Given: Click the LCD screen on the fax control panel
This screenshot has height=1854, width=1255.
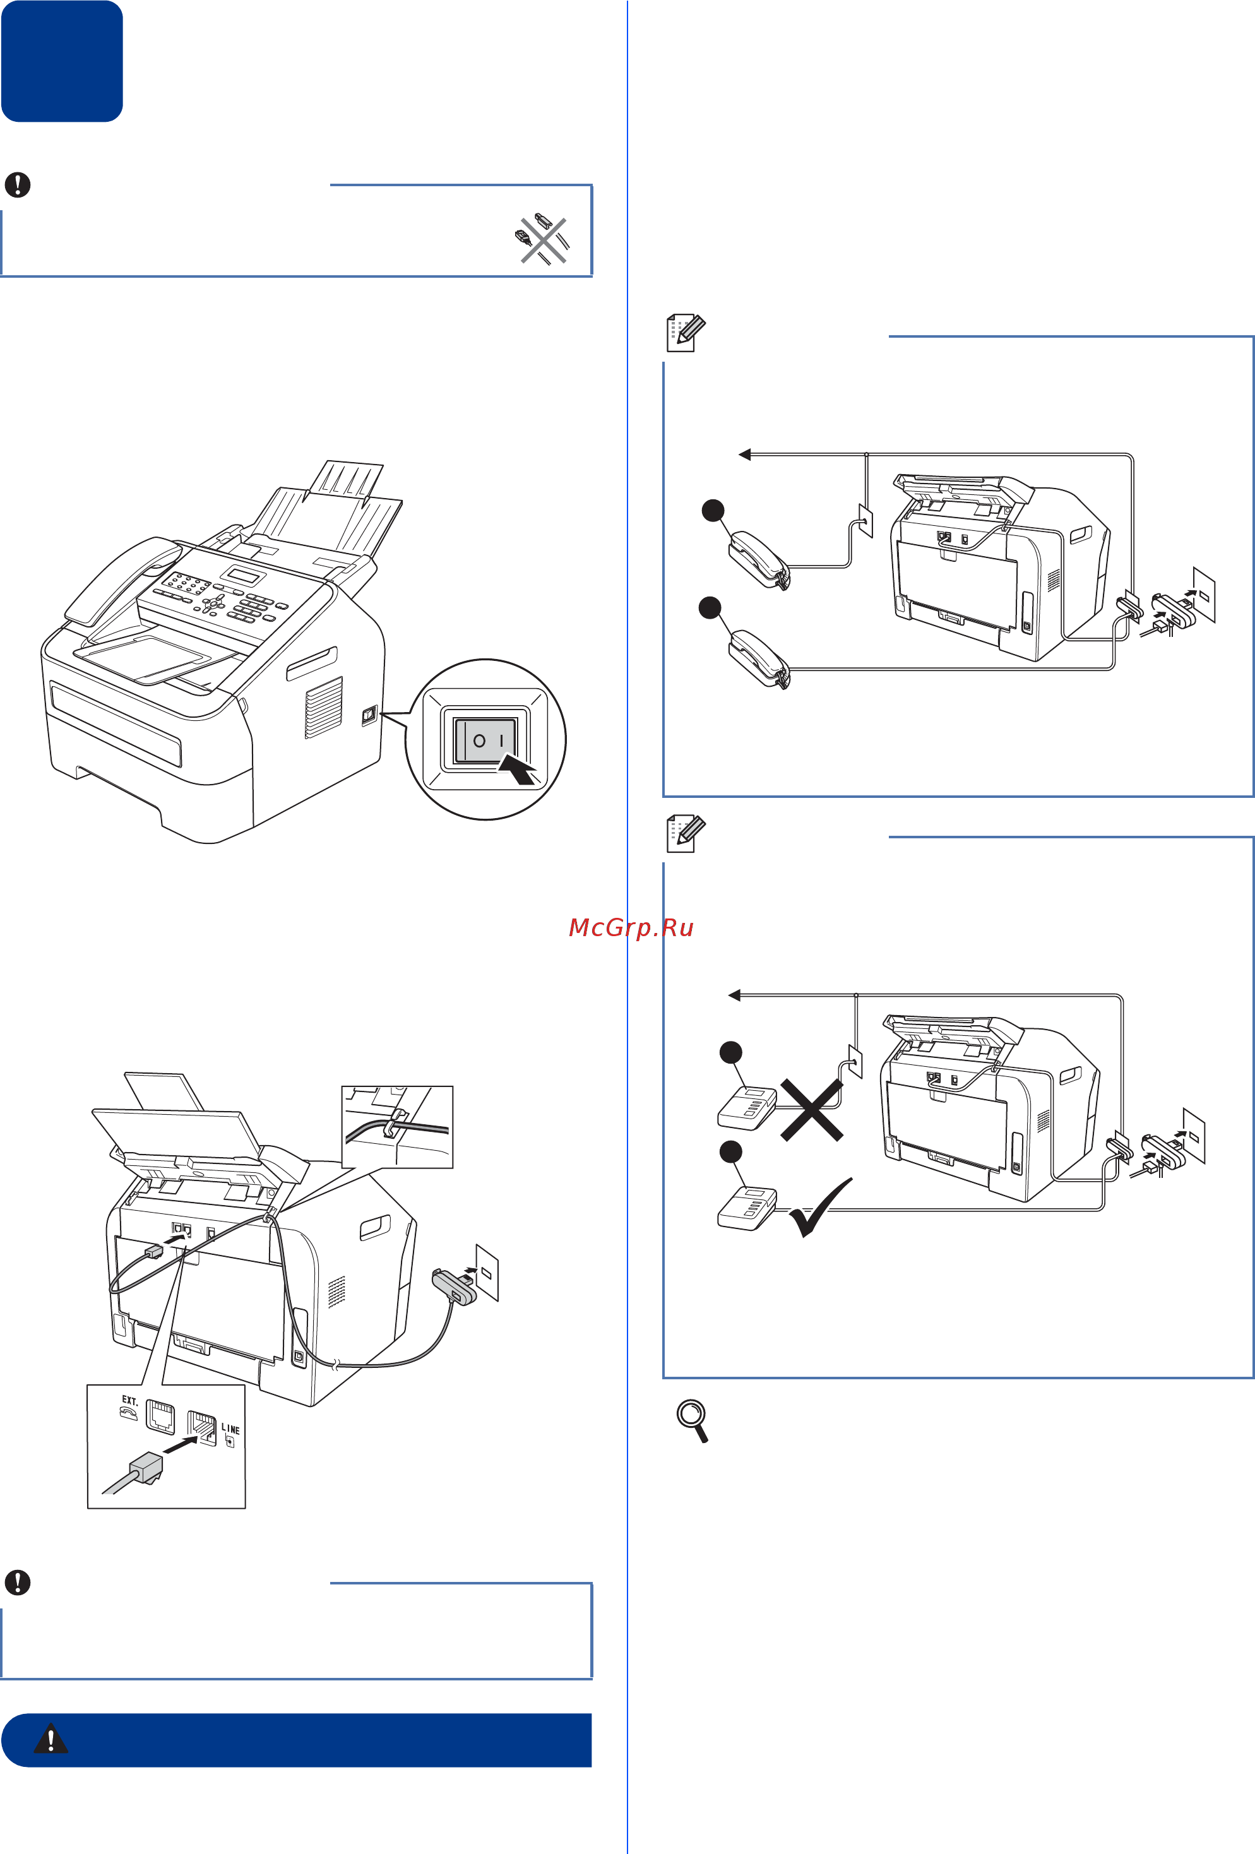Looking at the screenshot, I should pos(242,575).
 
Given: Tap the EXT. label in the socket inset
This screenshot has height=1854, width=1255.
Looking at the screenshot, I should pos(129,1400).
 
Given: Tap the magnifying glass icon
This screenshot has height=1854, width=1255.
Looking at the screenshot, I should pos(693,1421).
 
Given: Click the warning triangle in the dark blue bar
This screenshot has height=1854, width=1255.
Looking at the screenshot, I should pos(51,1739).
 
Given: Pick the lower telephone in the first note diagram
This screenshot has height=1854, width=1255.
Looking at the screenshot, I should pos(758,659).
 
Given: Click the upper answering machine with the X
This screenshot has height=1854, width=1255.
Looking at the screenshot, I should pos(747,1107).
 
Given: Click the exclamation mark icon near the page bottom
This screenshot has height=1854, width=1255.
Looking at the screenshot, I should pos(18,1582).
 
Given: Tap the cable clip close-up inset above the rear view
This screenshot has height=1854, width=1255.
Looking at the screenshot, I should pos(396,1126).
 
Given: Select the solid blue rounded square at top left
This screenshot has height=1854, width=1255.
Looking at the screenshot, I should pos(61,61).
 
